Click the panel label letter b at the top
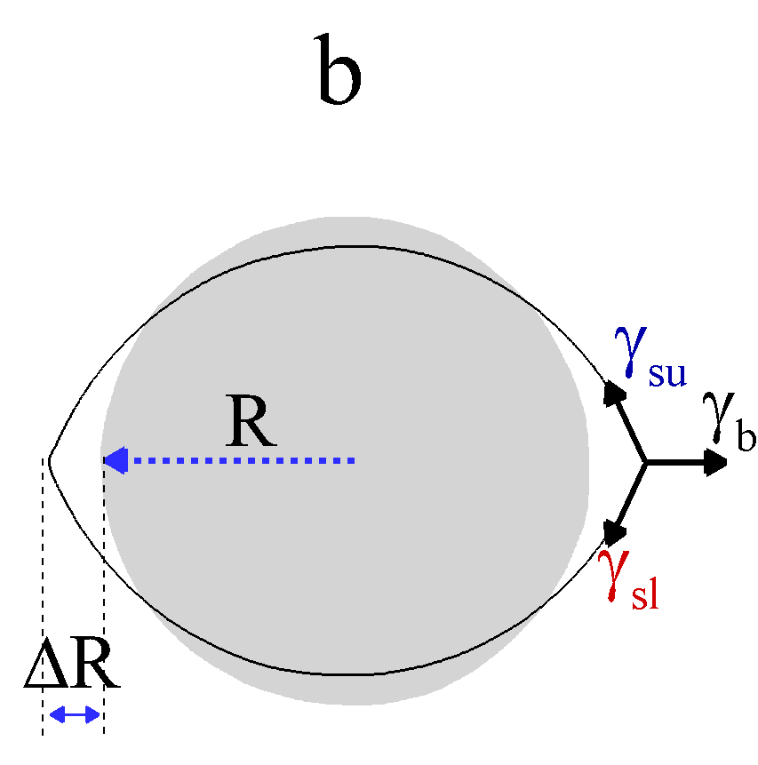click(339, 71)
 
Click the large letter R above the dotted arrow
click(251, 421)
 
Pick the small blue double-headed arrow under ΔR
click(74, 713)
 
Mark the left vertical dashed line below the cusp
click(43, 604)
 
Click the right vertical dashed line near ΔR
click(104, 604)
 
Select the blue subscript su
click(666, 373)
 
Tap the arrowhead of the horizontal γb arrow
click(716, 462)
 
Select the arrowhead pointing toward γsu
click(613, 393)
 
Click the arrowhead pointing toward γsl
click(613, 531)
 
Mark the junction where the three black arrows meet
click(645, 462)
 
